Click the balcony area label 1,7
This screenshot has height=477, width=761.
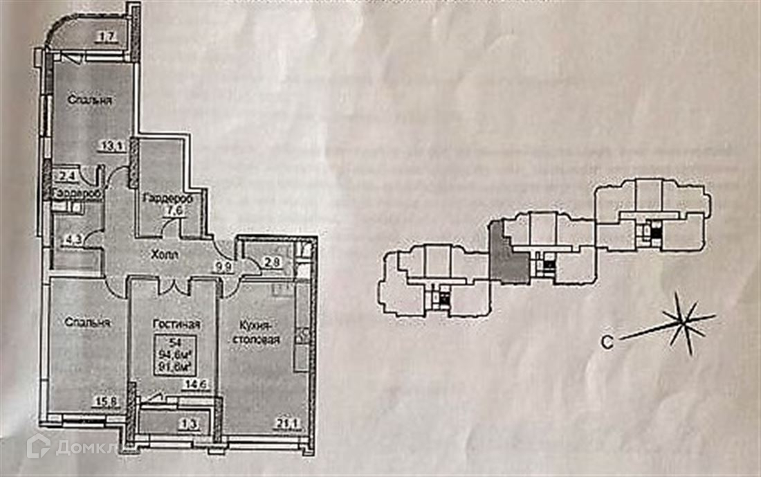pos(106,38)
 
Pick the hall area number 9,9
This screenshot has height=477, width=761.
pos(222,263)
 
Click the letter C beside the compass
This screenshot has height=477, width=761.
pos(607,341)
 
